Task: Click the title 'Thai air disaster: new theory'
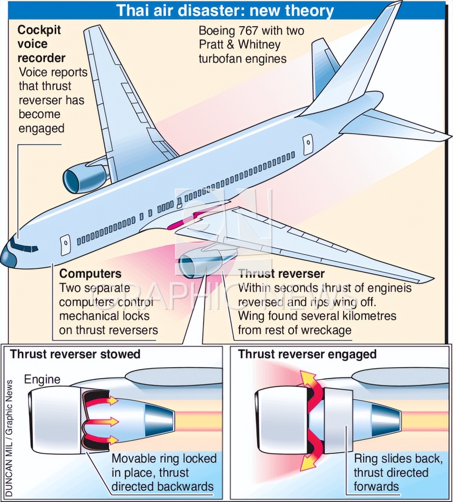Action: [x=225, y=10]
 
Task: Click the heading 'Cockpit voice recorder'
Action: [x=41, y=44]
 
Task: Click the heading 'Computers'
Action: [x=90, y=273]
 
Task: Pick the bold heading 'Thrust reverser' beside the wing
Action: [x=281, y=274]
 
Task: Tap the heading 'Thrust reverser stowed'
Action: [x=75, y=354]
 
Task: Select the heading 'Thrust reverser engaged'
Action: [x=307, y=354]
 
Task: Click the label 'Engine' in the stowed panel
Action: [x=42, y=379]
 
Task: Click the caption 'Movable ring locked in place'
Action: [x=164, y=465]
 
